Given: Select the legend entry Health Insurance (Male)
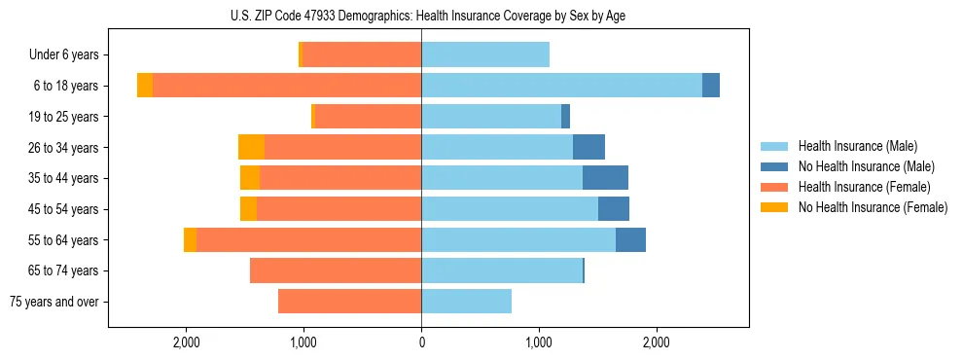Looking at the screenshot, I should point(857,147).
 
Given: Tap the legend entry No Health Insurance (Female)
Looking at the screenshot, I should point(873,207).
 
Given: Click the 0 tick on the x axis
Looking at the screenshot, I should point(421,342).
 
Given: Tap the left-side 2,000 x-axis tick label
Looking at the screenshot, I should point(186,342).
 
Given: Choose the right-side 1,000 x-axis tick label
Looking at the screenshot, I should point(539,342).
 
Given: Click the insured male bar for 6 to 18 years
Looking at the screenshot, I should point(561,86).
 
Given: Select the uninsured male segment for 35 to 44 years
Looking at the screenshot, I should point(605,178).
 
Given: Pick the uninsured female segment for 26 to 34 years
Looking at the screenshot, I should point(251,147).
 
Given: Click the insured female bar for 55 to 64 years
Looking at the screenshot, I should point(308,239).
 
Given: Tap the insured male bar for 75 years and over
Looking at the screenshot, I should point(466,302).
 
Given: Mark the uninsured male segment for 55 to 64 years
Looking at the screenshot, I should point(630,239).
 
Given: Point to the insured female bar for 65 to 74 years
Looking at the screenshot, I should point(336,270).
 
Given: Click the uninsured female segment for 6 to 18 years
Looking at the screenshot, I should point(145,86).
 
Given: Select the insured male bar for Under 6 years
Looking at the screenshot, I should point(485,54).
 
